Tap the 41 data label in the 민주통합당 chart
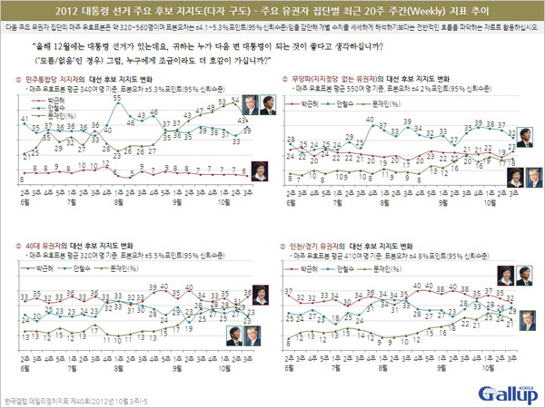pyautogui.click(x=25, y=119)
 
